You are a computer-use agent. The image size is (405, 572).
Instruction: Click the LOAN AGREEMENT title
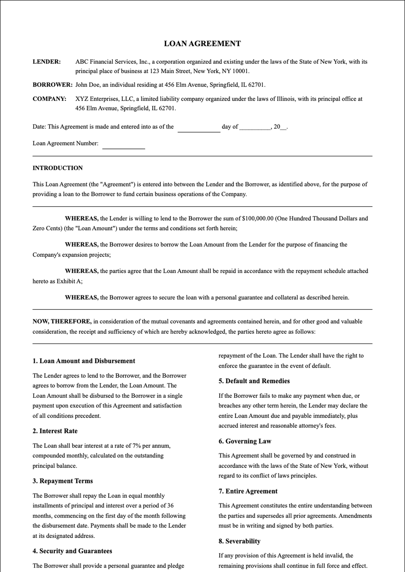[202, 43]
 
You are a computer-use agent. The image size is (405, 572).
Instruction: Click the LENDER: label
[47, 62]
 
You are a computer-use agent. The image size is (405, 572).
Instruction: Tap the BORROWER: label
[52, 85]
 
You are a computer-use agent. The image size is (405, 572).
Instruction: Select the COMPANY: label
[49, 99]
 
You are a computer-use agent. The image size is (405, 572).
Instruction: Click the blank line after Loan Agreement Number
[124, 146]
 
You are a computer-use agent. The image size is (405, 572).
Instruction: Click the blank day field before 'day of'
[199, 129]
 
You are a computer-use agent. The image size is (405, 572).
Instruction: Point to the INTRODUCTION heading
[57, 168]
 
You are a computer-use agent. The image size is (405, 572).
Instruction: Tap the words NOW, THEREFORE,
[62, 321]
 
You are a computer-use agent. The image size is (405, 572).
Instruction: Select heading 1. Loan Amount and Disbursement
[84, 361]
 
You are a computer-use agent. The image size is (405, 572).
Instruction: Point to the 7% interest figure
[137, 446]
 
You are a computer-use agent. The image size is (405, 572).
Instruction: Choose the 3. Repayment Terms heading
[62, 481]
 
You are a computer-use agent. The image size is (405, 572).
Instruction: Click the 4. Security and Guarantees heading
[72, 551]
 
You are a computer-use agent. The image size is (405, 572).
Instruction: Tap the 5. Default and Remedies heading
[254, 381]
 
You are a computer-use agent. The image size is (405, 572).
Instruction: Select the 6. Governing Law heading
[245, 441]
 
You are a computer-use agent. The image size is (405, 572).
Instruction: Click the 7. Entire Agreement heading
[248, 491]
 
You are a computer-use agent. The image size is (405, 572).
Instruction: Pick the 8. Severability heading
[239, 541]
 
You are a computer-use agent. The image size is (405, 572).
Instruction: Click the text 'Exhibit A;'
[69, 281]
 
